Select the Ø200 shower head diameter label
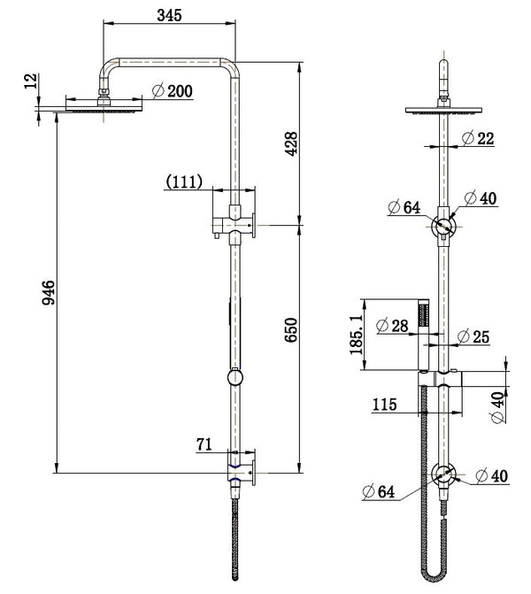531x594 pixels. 173,90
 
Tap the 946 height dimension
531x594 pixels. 50,293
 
